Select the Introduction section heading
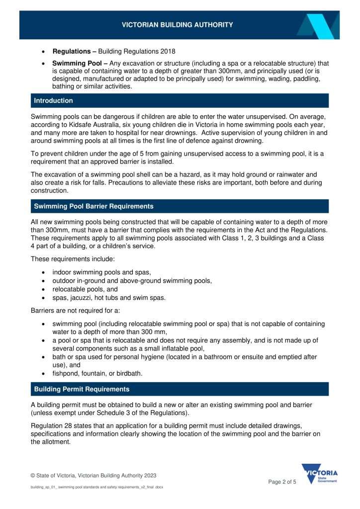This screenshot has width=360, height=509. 53,100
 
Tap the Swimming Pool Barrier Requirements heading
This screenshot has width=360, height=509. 93,206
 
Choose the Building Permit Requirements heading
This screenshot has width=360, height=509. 82,389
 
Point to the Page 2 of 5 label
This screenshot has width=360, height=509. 282,482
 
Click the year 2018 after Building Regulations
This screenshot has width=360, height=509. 167,51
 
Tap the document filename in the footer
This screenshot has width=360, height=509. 97,487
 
